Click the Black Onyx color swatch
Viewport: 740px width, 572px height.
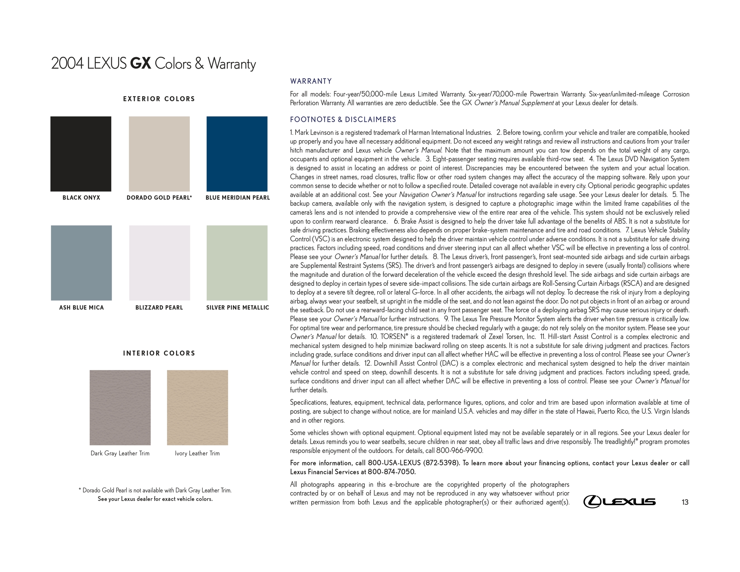click(81, 154)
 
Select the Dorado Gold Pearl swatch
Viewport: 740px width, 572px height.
click(159, 154)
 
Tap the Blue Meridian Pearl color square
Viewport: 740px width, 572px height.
click(237, 154)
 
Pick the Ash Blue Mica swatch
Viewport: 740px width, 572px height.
click(81, 263)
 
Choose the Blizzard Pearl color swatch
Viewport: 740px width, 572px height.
click(159, 263)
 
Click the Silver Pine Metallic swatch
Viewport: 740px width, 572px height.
click(237, 263)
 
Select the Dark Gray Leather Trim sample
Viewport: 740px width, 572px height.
click(120, 407)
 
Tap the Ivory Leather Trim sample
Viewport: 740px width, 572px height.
click(197, 407)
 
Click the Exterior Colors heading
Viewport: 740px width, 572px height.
click(159, 99)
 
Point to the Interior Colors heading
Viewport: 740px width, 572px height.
click(159, 353)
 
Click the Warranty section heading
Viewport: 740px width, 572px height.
click(311, 81)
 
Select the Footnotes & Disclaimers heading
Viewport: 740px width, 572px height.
click(343, 120)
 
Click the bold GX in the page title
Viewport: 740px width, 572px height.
click(140, 64)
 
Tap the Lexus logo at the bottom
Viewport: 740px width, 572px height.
click(619, 502)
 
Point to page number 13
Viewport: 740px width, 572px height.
click(685, 502)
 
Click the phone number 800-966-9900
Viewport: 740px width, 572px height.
click(460, 451)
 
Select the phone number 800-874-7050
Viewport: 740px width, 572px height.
click(392, 472)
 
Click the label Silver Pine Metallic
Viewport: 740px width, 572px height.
click(237, 307)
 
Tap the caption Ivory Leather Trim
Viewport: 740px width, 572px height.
click(197, 453)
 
